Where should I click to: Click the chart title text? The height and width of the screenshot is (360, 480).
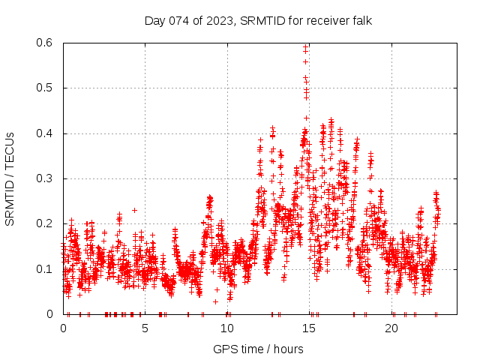click(x=258, y=20)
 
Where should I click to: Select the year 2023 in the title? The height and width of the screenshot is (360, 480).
click(x=217, y=20)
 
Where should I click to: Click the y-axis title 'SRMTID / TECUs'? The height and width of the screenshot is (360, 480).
click(x=10, y=178)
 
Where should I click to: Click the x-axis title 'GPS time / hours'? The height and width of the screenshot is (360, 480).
click(x=258, y=349)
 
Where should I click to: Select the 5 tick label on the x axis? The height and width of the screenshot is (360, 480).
click(x=145, y=328)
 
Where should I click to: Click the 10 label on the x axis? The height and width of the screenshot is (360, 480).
click(x=227, y=328)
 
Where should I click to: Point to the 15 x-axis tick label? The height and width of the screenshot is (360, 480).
click(x=309, y=328)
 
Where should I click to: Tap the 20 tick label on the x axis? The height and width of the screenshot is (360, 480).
click(x=391, y=328)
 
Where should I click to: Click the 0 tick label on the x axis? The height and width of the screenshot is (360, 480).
click(x=63, y=328)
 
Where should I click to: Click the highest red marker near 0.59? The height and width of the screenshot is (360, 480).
click(x=306, y=46)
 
